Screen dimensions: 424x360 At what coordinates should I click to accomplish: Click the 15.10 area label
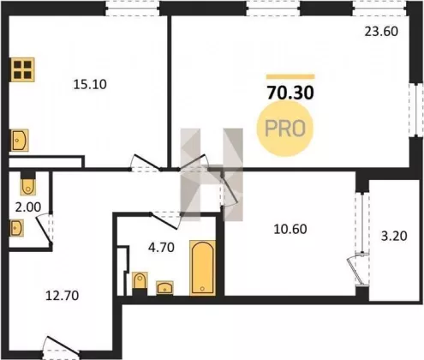tap(90, 85)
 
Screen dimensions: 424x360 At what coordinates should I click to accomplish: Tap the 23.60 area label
tap(381, 32)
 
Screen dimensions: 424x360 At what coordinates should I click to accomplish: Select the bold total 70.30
tap(290, 93)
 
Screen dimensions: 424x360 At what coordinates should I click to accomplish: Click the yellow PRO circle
tap(285, 129)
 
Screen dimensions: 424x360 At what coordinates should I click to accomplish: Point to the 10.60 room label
tap(290, 229)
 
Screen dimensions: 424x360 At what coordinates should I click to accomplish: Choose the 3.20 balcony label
tap(394, 237)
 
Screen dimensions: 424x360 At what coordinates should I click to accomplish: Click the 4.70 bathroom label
tap(161, 248)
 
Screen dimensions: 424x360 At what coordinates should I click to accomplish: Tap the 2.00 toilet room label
tap(28, 207)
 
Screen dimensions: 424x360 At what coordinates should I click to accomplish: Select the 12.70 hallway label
tap(63, 296)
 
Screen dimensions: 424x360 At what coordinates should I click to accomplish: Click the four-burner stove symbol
tap(22, 69)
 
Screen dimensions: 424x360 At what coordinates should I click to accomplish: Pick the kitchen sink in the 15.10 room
tap(20, 141)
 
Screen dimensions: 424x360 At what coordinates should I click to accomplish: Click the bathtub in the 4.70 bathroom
tap(202, 268)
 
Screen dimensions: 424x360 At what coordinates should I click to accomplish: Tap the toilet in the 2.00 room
tap(28, 186)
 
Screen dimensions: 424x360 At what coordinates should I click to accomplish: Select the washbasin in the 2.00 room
tap(16, 228)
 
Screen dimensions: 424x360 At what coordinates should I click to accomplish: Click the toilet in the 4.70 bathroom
tap(140, 280)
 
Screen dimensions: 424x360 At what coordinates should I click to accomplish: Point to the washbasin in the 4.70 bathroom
tap(164, 287)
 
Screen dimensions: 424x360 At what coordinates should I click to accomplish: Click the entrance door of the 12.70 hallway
tap(61, 345)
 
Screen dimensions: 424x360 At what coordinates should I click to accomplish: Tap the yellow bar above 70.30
tap(290, 76)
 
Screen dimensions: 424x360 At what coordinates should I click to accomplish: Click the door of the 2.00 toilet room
tap(45, 229)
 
